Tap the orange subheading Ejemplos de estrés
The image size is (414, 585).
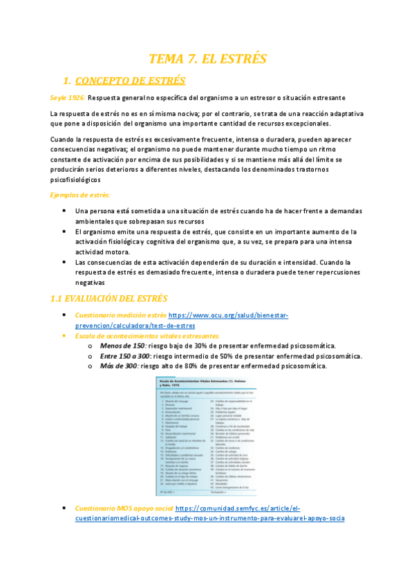(80, 195)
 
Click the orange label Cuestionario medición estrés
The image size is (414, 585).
(121, 315)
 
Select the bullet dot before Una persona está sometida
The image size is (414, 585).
(64, 211)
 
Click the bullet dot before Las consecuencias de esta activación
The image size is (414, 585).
(64, 263)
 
